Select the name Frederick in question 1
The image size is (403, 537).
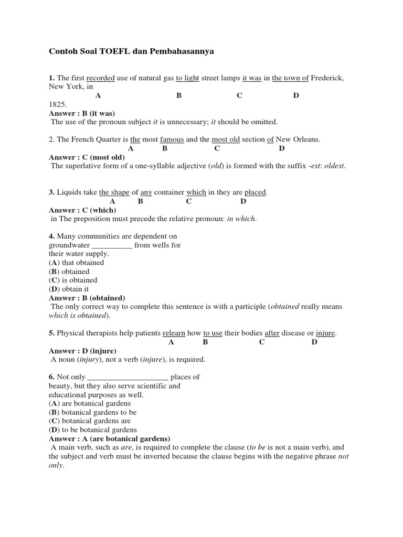tap(327, 78)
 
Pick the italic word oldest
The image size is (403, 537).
tap(334, 166)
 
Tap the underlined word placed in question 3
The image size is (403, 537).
tap(255, 192)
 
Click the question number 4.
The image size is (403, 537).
tap(51, 237)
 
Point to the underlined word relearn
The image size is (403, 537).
tap(174, 333)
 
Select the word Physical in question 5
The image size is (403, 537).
tap(70, 333)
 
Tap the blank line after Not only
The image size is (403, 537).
tap(127, 377)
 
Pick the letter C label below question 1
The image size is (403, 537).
tap(239, 95)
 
